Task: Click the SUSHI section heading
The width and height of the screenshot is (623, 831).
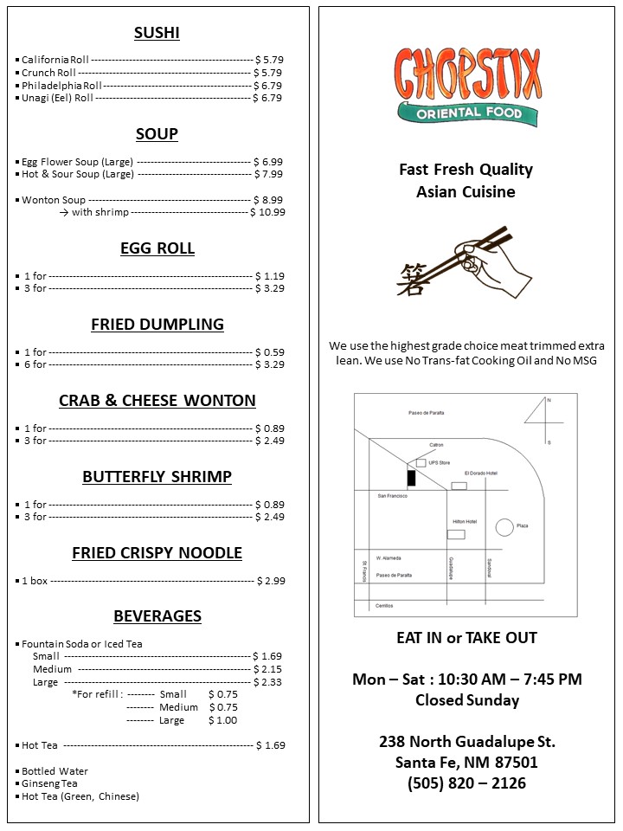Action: [x=157, y=34]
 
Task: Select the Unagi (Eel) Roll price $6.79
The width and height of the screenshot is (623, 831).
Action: [x=267, y=98]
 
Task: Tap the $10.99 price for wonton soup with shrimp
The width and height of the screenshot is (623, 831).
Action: [x=267, y=212]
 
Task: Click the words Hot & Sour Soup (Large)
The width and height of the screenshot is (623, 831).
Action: [x=78, y=174]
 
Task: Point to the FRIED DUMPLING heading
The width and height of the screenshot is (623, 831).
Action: [x=157, y=325]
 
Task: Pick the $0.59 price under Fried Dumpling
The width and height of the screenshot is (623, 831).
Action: [x=269, y=352]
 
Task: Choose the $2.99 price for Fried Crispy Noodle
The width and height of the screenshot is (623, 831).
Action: [x=271, y=581]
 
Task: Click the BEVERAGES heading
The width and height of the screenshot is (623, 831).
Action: [x=157, y=616]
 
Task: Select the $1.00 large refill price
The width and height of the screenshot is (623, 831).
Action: [x=222, y=720]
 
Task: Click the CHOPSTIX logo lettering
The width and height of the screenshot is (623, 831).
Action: [x=467, y=74]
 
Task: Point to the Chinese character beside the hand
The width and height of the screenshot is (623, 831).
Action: [x=411, y=280]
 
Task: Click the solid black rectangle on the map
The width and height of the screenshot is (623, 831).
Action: [x=412, y=477]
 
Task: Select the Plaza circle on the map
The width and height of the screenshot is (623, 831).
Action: [x=504, y=526]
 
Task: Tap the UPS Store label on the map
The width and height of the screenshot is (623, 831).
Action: [x=440, y=463]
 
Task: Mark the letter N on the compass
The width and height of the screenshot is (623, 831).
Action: [x=548, y=400]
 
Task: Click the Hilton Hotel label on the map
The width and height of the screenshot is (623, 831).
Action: [x=465, y=522]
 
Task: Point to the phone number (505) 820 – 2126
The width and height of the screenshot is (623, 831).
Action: [x=466, y=783]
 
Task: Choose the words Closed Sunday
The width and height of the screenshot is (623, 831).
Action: [x=466, y=700]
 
